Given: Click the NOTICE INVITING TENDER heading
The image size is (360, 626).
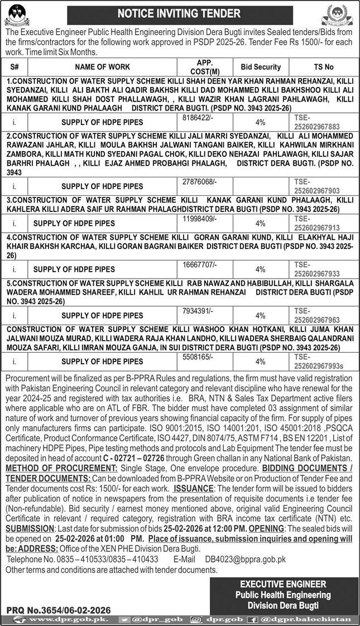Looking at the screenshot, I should coord(179,13).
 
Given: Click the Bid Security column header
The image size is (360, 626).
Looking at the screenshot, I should coord(261,67).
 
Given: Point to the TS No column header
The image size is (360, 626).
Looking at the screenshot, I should coord(323,67).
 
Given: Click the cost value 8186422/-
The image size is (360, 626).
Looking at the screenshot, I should coord(198,118).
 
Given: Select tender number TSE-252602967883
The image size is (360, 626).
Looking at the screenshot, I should coord(316,122).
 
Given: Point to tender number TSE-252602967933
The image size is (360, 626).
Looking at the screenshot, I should coord(316,269).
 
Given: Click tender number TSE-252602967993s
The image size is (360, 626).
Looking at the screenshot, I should coord(318,362).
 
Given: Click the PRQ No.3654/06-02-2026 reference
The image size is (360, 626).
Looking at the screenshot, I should coord(59,611).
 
